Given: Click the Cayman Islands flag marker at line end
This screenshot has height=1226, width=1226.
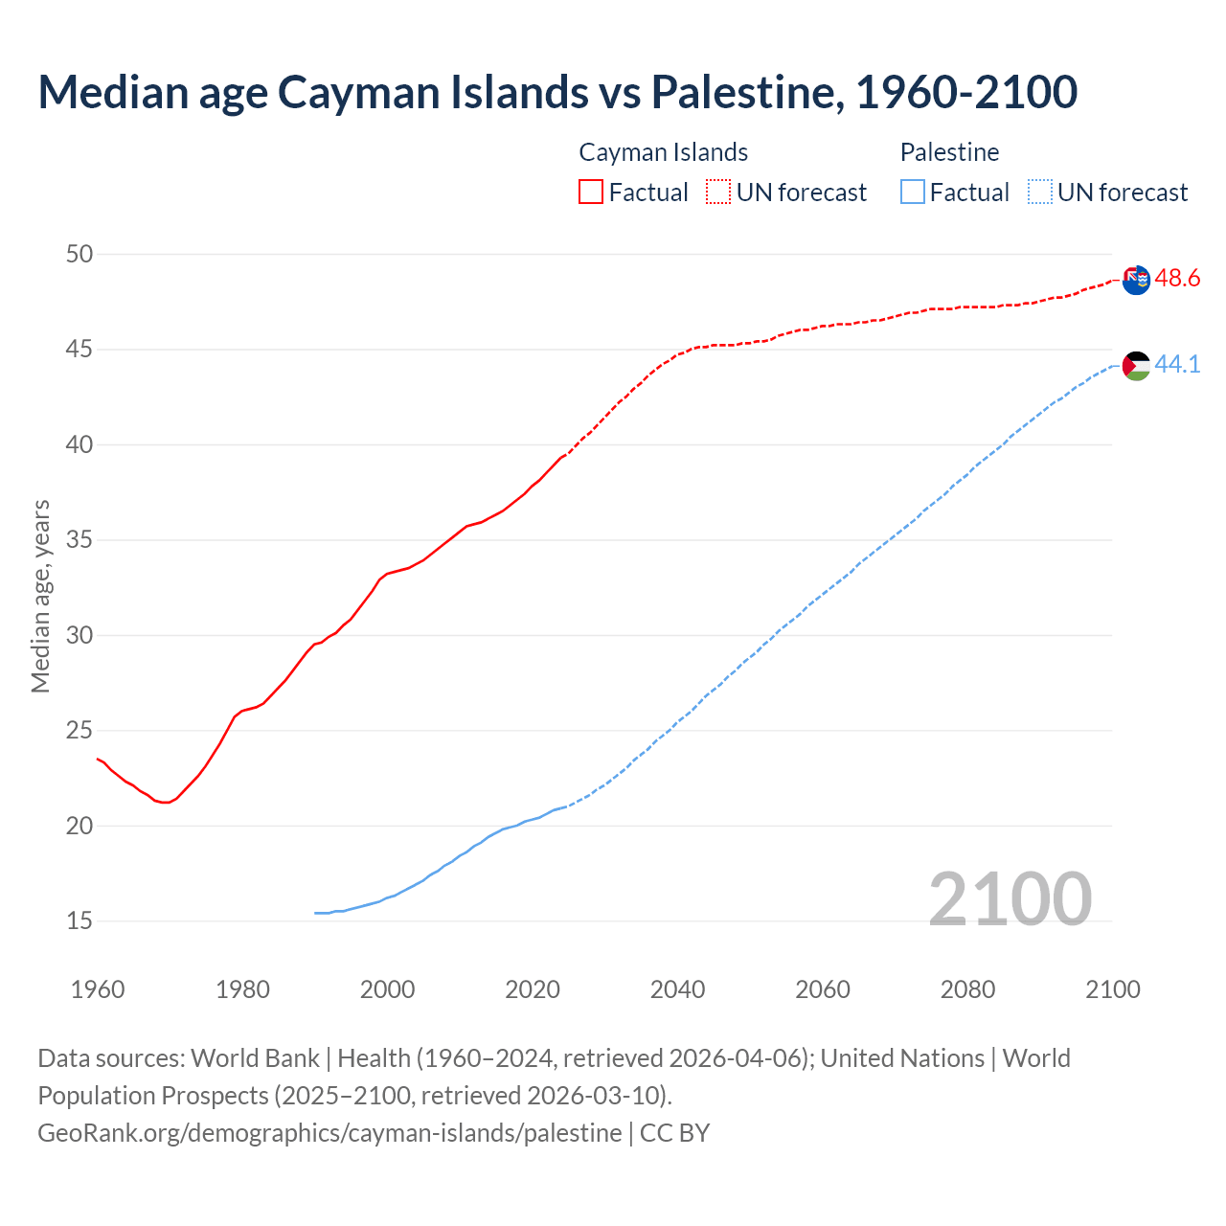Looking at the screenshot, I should pyautogui.click(x=1136, y=281).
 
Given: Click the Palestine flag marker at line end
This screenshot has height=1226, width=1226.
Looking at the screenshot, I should pyautogui.click(x=1136, y=366).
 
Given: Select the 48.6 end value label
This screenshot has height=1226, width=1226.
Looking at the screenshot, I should pyautogui.click(x=1177, y=279).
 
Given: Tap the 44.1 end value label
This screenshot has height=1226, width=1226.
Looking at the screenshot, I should pyautogui.click(x=1177, y=365).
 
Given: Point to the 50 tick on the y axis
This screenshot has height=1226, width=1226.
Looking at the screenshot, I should pyautogui.click(x=79, y=254).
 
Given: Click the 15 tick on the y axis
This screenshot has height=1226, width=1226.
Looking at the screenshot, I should pyautogui.click(x=79, y=921).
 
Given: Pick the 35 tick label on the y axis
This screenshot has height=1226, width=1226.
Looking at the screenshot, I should pyautogui.click(x=79, y=540).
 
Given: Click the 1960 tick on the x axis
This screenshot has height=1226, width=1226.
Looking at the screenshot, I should pyautogui.click(x=98, y=989).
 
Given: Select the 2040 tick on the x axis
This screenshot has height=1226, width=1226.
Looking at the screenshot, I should pyautogui.click(x=677, y=989).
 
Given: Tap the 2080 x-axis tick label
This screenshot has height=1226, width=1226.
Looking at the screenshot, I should pyautogui.click(x=967, y=989).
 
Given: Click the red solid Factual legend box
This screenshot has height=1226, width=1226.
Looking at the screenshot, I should pyautogui.click(x=591, y=193).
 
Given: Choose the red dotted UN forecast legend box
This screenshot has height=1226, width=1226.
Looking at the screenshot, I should pyautogui.click(x=718, y=193).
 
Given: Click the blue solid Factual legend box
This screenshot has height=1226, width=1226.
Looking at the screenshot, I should pyautogui.click(x=913, y=193).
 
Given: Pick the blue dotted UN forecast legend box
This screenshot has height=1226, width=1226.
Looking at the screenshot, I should pyautogui.click(x=1039, y=193).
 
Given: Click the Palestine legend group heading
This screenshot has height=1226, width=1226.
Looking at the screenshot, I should pyautogui.click(x=949, y=152).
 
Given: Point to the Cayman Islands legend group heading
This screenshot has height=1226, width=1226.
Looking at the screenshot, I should pyautogui.click(x=663, y=152).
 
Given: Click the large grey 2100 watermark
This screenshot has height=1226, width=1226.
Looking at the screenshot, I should pyautogui.click(x=1010, y=898).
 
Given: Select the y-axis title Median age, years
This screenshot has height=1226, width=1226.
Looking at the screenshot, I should pyautogui.click(x=40, y=596).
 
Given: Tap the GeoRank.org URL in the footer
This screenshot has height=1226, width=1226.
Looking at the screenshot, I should pyautogui.click(x=329, y=1133).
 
